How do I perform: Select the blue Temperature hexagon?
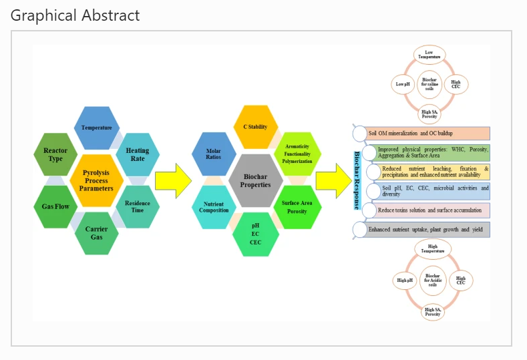click(97, 128)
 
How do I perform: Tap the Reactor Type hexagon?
click(55, 154)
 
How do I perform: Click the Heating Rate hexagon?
click(137, 154)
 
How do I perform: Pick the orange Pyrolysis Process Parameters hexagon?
click(96, 180)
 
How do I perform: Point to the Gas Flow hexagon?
click(55, 206)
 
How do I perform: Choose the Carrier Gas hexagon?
click(96, 233)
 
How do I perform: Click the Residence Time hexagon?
click(137, 206)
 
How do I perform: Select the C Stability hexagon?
click(254, 127)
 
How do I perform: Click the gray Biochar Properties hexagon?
click(254, 180)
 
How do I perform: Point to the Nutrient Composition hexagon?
click(214, 206)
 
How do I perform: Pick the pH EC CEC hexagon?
click(254, 234)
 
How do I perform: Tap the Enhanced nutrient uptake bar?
click(425, 229)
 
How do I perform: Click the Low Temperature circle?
click(429, 55)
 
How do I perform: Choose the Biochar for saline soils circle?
click(429, 84)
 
